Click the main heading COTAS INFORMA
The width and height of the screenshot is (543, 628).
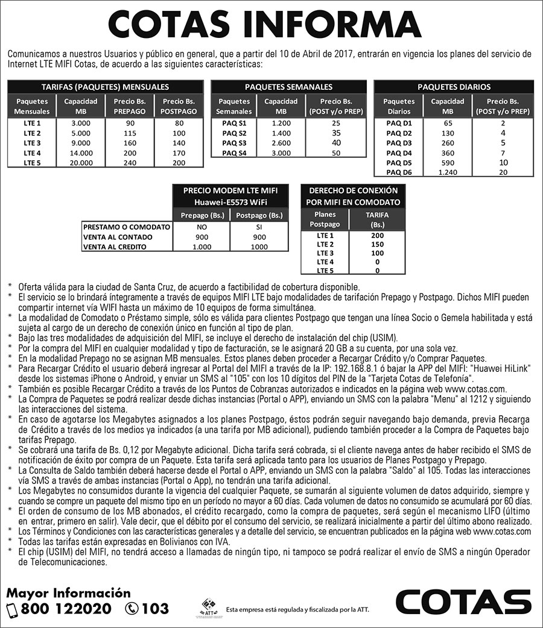pos(264,25)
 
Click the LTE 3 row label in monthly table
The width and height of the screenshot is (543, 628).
pos(32,143)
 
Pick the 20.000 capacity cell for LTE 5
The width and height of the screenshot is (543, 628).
pos(81,163)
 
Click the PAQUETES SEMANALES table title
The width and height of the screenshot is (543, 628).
pos(288,87)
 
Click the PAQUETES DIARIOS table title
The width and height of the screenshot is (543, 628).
pos(454,87)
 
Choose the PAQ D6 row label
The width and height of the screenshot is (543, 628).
pos(399,172)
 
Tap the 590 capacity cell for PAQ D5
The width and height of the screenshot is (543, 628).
pos(447,163)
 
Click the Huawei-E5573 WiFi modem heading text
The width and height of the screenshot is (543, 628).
pos(230,201)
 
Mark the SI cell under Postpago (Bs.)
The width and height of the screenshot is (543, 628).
pos(259,227)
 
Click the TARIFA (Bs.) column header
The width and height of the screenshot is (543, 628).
pos(377,219)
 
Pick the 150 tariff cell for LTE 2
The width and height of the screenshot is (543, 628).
pos(377,244)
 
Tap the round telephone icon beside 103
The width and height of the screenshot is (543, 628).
pos(132,609)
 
